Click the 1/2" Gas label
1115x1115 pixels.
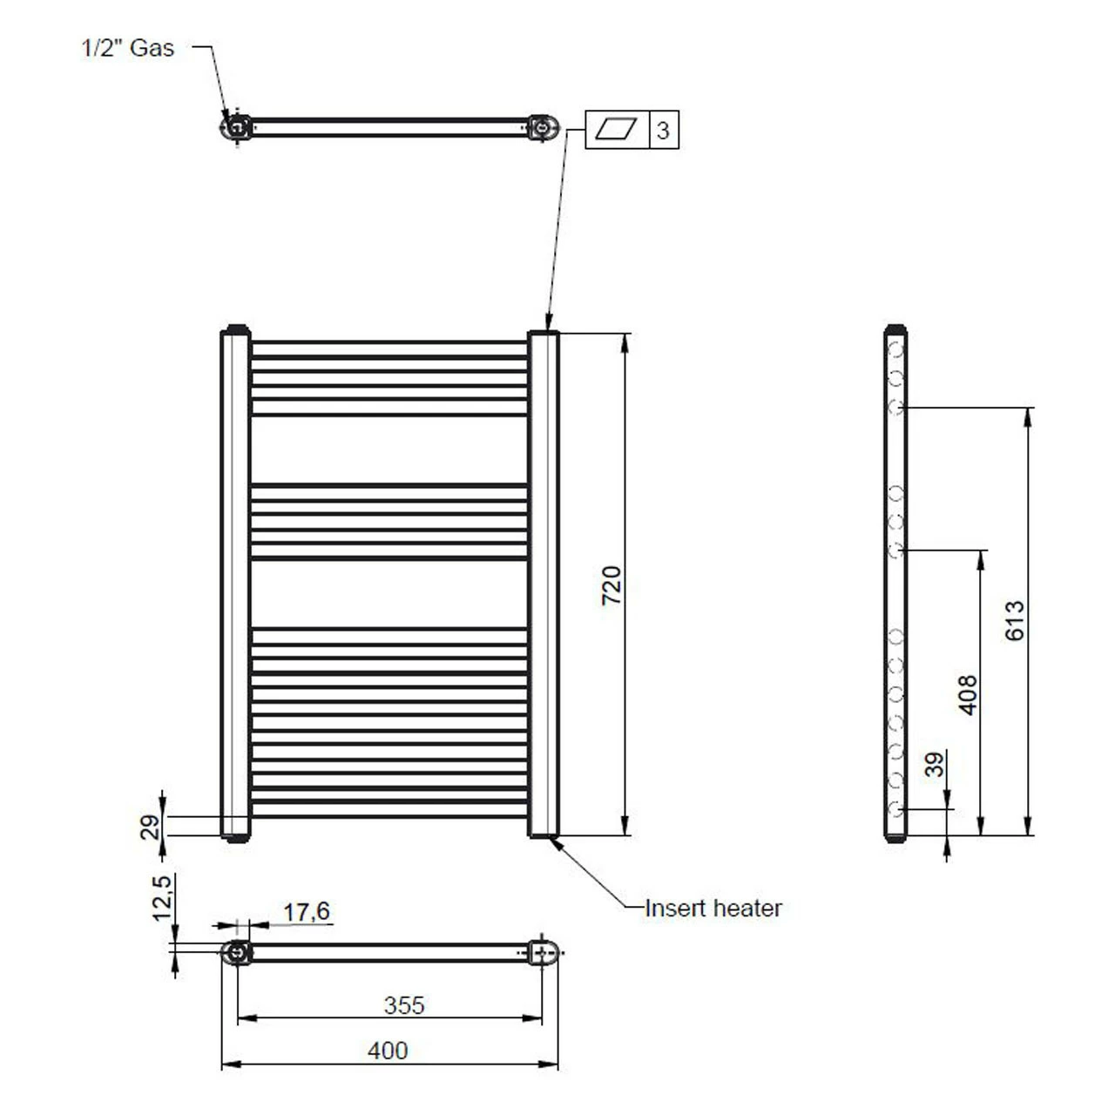tap(127, 48)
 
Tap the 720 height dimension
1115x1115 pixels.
tap(612, 585)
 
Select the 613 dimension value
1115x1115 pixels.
tap(1016, 620)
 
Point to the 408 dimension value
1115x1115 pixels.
tap(968, 694)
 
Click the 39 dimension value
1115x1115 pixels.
tap(935, 765)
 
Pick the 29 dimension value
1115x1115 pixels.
tap(151, 826)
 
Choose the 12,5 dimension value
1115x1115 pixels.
tap(162, 897)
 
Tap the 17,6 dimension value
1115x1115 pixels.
tap(307, 911)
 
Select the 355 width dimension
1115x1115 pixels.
tap(404, 1004)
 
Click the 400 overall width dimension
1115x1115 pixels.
tap(388, 1051)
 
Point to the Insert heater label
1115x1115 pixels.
tap(713, 908)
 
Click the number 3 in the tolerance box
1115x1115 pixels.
tap(663, 131)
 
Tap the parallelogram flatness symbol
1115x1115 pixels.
tap(617, 131)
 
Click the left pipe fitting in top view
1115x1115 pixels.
tap(236, 127)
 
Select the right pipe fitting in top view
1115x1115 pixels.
tap(544, 128)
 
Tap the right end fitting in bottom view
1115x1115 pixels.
tap(544, 952)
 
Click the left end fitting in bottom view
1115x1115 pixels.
tap(236, 952)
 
